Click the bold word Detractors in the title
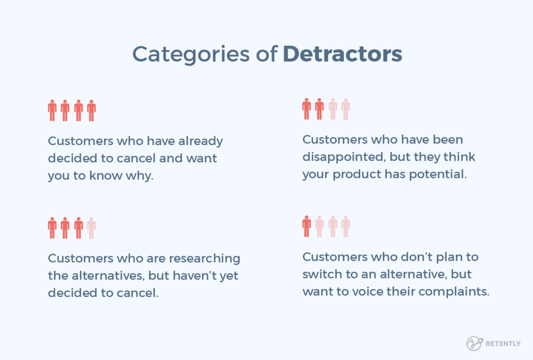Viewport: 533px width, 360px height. tap(342, 54)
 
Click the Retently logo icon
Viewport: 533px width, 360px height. tap(474, 343)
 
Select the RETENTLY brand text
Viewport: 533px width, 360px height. tap(502, 344)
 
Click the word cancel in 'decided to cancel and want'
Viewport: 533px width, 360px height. tap(142, 158)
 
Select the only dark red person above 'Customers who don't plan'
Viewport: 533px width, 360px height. tap(307, 226)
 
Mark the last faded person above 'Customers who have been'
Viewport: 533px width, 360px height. tap(346, 109)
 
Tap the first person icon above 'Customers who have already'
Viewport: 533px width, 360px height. tap(52, 111)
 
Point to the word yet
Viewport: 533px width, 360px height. tap(229, 275)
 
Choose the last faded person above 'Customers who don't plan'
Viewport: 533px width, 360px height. tap(346, 226)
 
